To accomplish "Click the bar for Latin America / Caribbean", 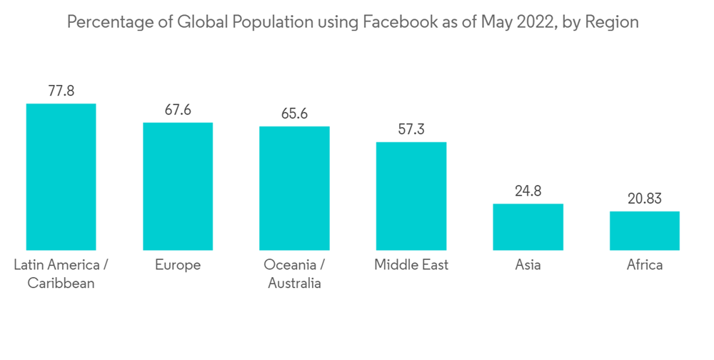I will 61,177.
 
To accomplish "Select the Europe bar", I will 178,186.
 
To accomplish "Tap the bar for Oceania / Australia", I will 294,189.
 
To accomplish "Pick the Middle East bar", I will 411,196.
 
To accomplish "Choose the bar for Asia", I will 528,227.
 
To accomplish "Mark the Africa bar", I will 645,231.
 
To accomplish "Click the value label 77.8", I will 61,91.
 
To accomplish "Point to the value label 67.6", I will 178,111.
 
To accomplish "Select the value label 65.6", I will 294,114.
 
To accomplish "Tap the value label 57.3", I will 411,130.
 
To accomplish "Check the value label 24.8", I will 528,191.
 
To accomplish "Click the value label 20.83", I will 645,199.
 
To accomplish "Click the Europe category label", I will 178,265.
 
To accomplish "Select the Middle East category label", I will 411,265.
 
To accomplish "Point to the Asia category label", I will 528,265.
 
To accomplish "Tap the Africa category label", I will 645,265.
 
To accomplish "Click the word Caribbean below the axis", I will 61,284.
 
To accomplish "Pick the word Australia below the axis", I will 294,284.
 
